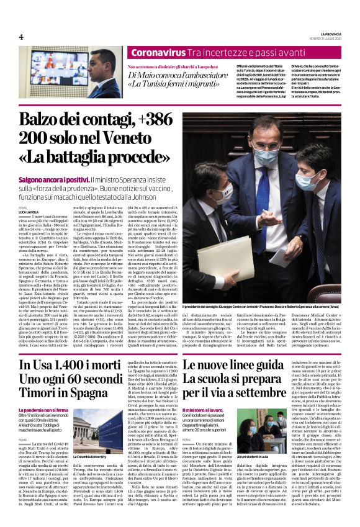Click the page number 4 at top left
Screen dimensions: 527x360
[x=21, y=37]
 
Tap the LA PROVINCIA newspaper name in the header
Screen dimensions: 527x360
[x=324, y=33]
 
